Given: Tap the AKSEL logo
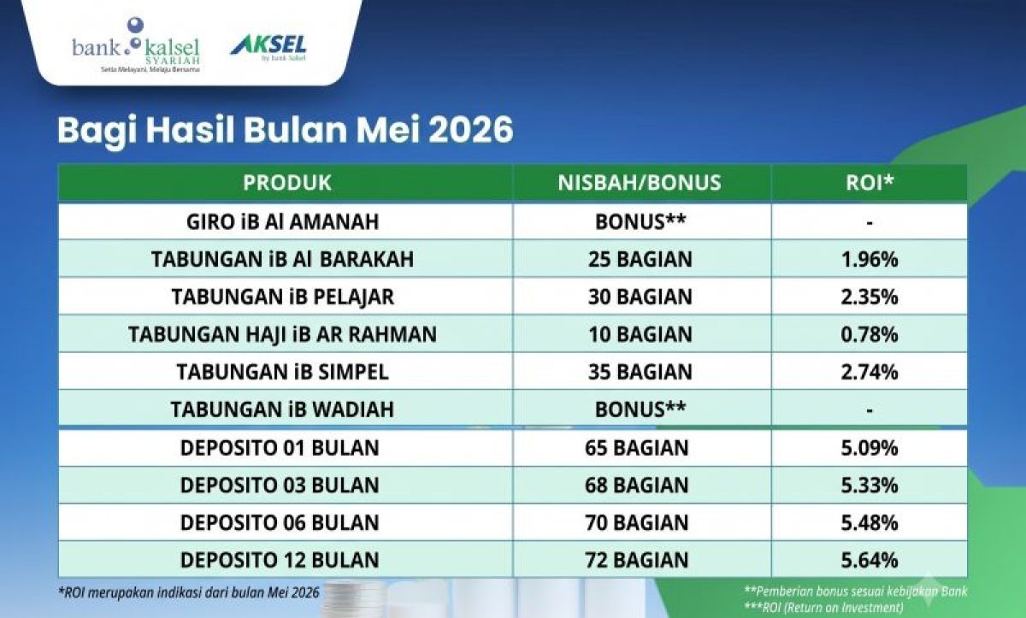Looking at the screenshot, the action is click(268, 48).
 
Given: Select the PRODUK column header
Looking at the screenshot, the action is click(286, 183).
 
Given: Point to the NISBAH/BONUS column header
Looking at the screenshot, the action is click(640, 183).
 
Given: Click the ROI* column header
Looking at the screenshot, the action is click(870, 182).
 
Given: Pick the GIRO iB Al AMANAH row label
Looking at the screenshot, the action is click(283, 222).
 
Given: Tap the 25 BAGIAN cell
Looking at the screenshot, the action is click(640, 260).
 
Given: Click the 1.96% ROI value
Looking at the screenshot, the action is click(870, 260).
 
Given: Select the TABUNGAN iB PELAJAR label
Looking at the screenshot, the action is click(283, 297).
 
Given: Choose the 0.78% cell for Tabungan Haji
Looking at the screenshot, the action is click(870, 334).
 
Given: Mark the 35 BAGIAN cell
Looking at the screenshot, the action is click(640, 372).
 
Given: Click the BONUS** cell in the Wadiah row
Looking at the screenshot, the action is click(640, 409).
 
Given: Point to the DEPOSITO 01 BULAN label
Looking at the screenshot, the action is click(280, 448).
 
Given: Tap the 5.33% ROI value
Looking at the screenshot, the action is click(870, 486).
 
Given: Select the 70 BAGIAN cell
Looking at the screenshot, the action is click(637, 523).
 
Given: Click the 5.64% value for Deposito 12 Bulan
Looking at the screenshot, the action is click(870, 561).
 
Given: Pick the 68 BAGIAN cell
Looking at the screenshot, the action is click(637, 486).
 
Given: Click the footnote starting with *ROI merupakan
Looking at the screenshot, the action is click(189, 593).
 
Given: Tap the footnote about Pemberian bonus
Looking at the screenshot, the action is click(856, 592).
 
